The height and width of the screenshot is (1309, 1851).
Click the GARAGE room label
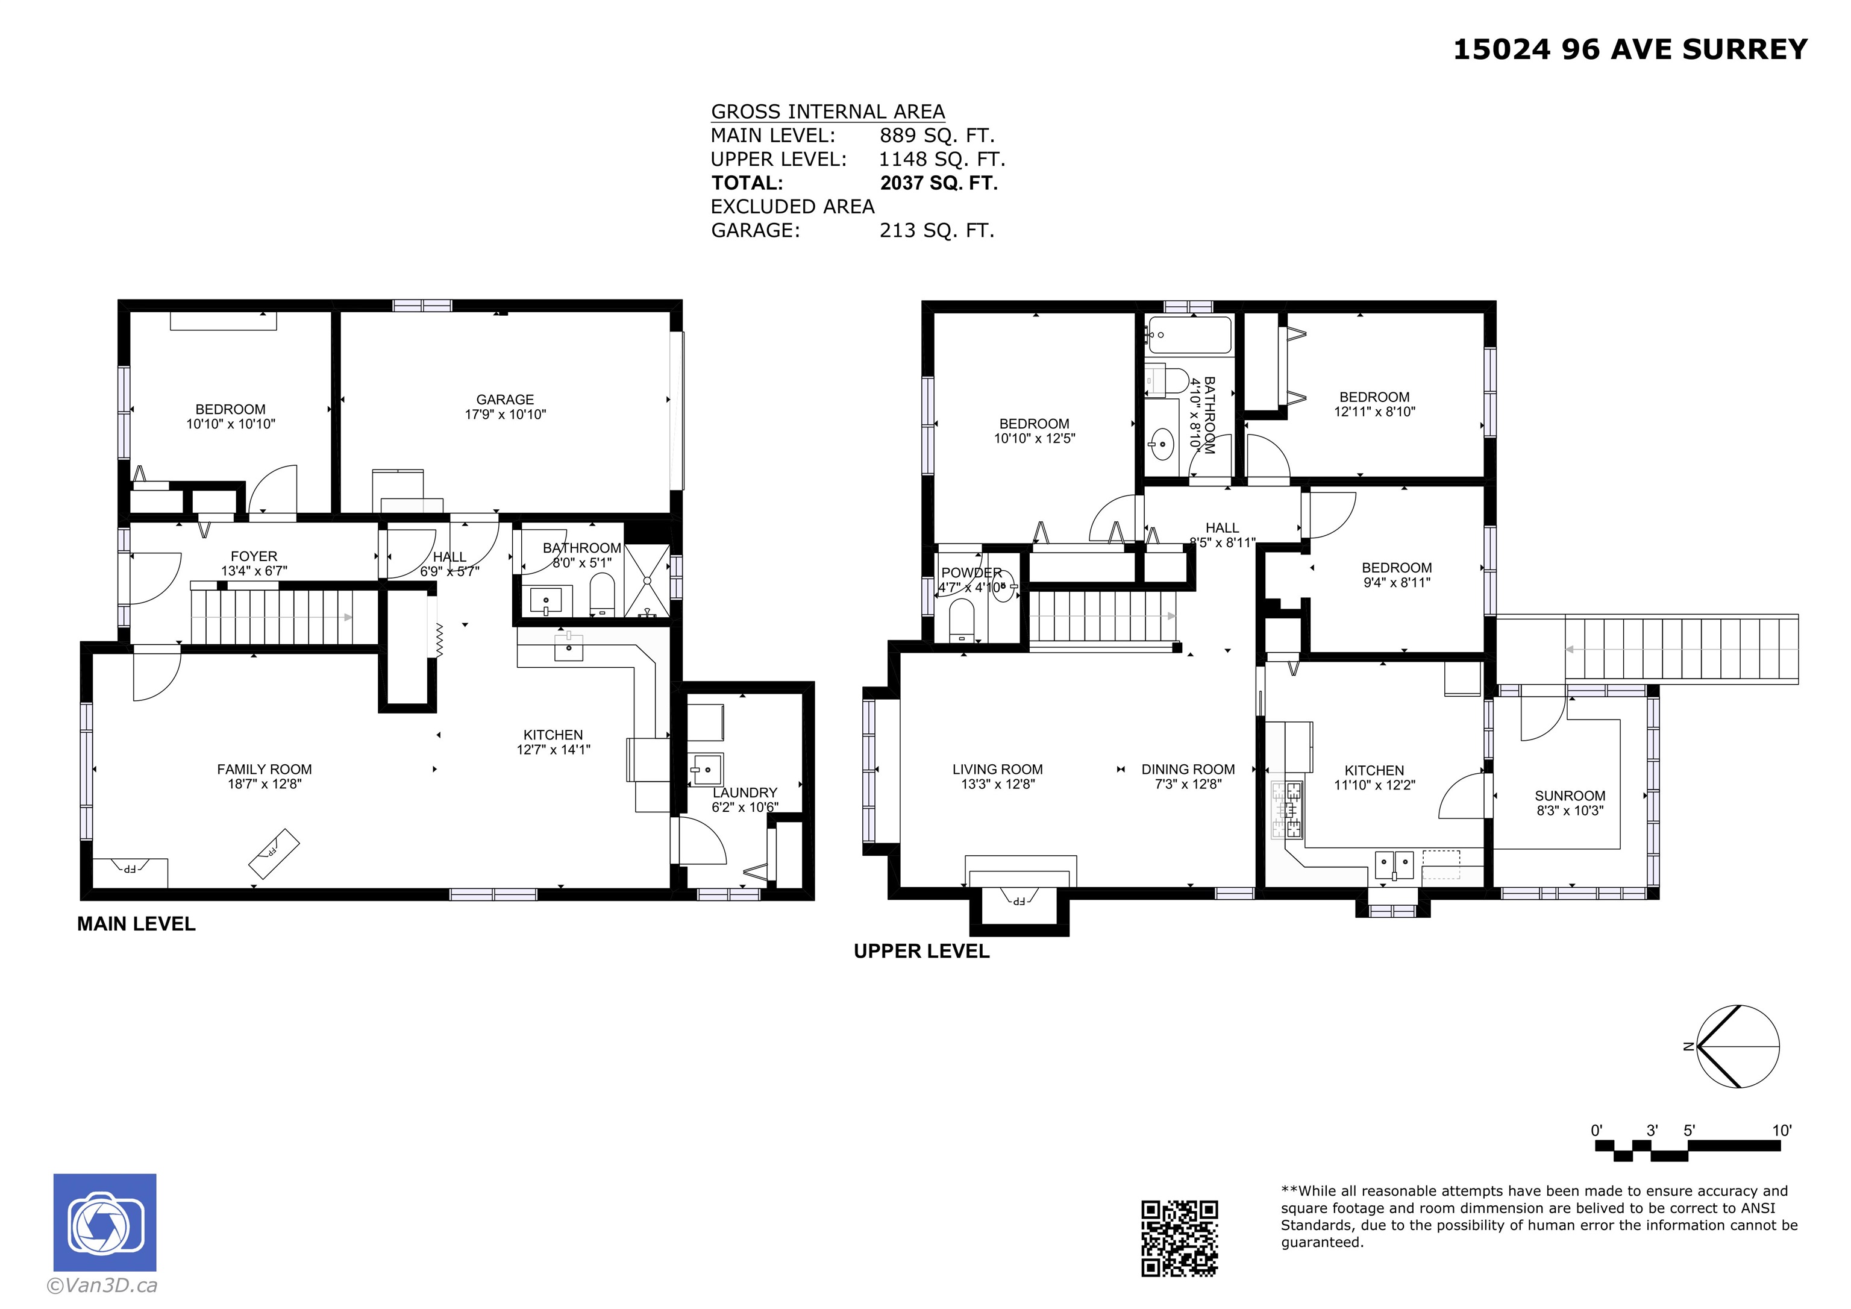505,399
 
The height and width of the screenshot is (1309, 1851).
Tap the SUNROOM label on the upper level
1570,796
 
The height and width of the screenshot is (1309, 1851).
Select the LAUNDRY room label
745,792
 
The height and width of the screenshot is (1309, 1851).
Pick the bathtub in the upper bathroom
1189,334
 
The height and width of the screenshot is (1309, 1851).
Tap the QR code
1179,1239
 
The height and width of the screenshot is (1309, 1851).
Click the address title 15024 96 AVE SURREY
1630,49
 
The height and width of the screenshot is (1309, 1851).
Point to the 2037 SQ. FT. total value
939,183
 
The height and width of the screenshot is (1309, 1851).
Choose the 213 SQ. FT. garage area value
937,231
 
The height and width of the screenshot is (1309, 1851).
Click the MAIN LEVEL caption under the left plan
136,924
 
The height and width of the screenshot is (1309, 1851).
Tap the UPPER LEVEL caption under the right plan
921,951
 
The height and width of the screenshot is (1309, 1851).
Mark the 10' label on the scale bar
1782,1130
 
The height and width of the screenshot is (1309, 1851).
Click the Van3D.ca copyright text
102,1285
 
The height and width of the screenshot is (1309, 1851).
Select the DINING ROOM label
1188,770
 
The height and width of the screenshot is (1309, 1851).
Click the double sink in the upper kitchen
1394,865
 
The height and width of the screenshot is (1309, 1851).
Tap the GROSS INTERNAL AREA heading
828,111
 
